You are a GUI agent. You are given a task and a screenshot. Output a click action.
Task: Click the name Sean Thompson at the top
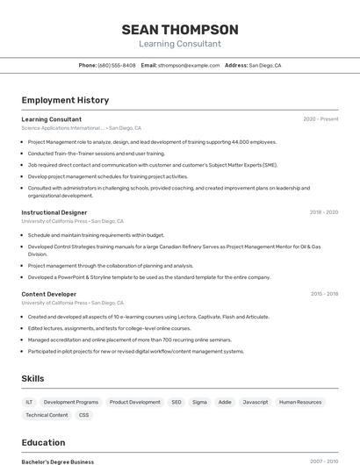180,29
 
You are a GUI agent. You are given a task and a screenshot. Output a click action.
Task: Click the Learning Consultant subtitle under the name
180,44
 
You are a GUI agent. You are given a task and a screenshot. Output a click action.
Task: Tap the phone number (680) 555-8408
117,65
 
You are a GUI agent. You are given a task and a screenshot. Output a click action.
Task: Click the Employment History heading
65,100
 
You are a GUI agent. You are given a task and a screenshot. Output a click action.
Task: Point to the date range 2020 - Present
320,119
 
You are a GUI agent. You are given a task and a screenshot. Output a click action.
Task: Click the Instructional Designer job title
54,212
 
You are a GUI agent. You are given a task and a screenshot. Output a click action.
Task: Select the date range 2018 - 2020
323,212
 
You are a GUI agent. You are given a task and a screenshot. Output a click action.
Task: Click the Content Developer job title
49,294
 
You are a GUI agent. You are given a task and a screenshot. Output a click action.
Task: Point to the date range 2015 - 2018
323,294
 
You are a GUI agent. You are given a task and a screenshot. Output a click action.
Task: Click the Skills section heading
33,378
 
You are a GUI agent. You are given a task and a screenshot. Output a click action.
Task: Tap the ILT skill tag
30,402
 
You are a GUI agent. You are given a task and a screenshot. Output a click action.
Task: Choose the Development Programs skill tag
71,402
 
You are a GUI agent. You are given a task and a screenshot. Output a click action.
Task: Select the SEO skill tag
176,402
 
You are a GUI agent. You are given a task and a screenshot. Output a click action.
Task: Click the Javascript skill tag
256,402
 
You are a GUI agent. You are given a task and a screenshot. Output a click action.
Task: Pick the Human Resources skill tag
300,402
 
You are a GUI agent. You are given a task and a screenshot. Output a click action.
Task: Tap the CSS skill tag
83,415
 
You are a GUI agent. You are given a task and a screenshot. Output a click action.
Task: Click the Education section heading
43,443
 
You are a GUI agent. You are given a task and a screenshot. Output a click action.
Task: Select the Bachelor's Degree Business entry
58,461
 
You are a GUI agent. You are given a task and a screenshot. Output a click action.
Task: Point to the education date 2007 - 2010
323,461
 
